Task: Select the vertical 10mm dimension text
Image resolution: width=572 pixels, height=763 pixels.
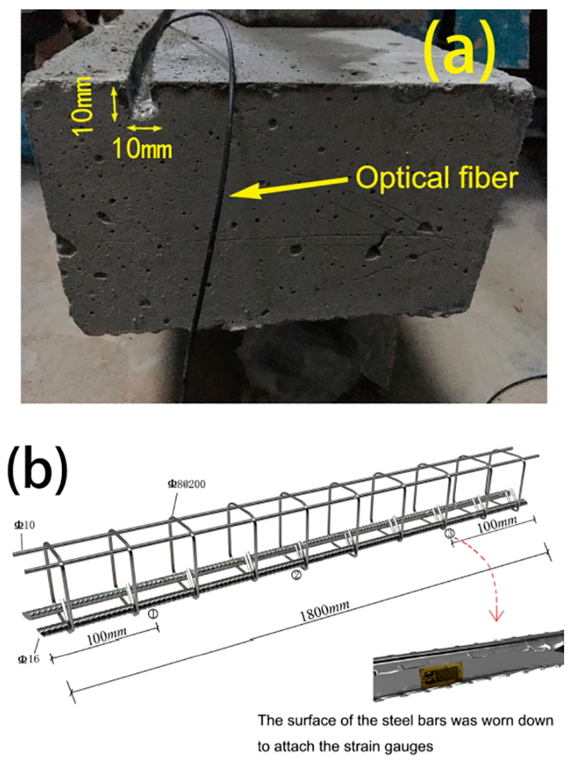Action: pyautogui.click(x=85, y=104)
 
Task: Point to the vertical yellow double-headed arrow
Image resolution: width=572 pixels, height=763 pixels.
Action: pyautogui.click(x=114, y=105)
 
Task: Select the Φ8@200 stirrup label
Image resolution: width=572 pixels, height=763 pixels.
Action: pyautogui.click(x=187, y=484)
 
